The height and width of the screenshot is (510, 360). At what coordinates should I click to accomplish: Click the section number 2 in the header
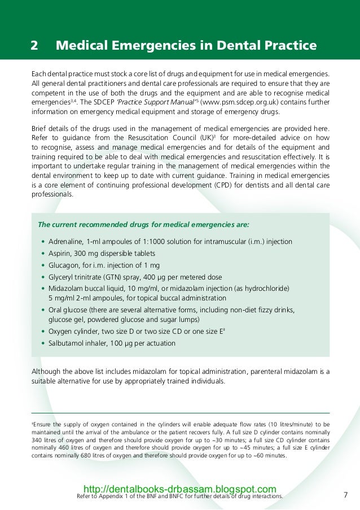point(34,46)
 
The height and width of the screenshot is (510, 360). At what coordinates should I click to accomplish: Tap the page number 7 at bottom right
point(345,495)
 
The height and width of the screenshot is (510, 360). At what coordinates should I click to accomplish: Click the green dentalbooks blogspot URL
point(179,489)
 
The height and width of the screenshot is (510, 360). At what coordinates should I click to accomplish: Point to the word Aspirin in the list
point(60,253)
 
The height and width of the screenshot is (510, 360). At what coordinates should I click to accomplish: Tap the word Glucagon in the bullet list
point(63,265)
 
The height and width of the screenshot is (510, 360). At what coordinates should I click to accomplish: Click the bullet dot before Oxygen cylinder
point(43,332)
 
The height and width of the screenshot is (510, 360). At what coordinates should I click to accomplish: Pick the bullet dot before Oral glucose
point(43,311)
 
